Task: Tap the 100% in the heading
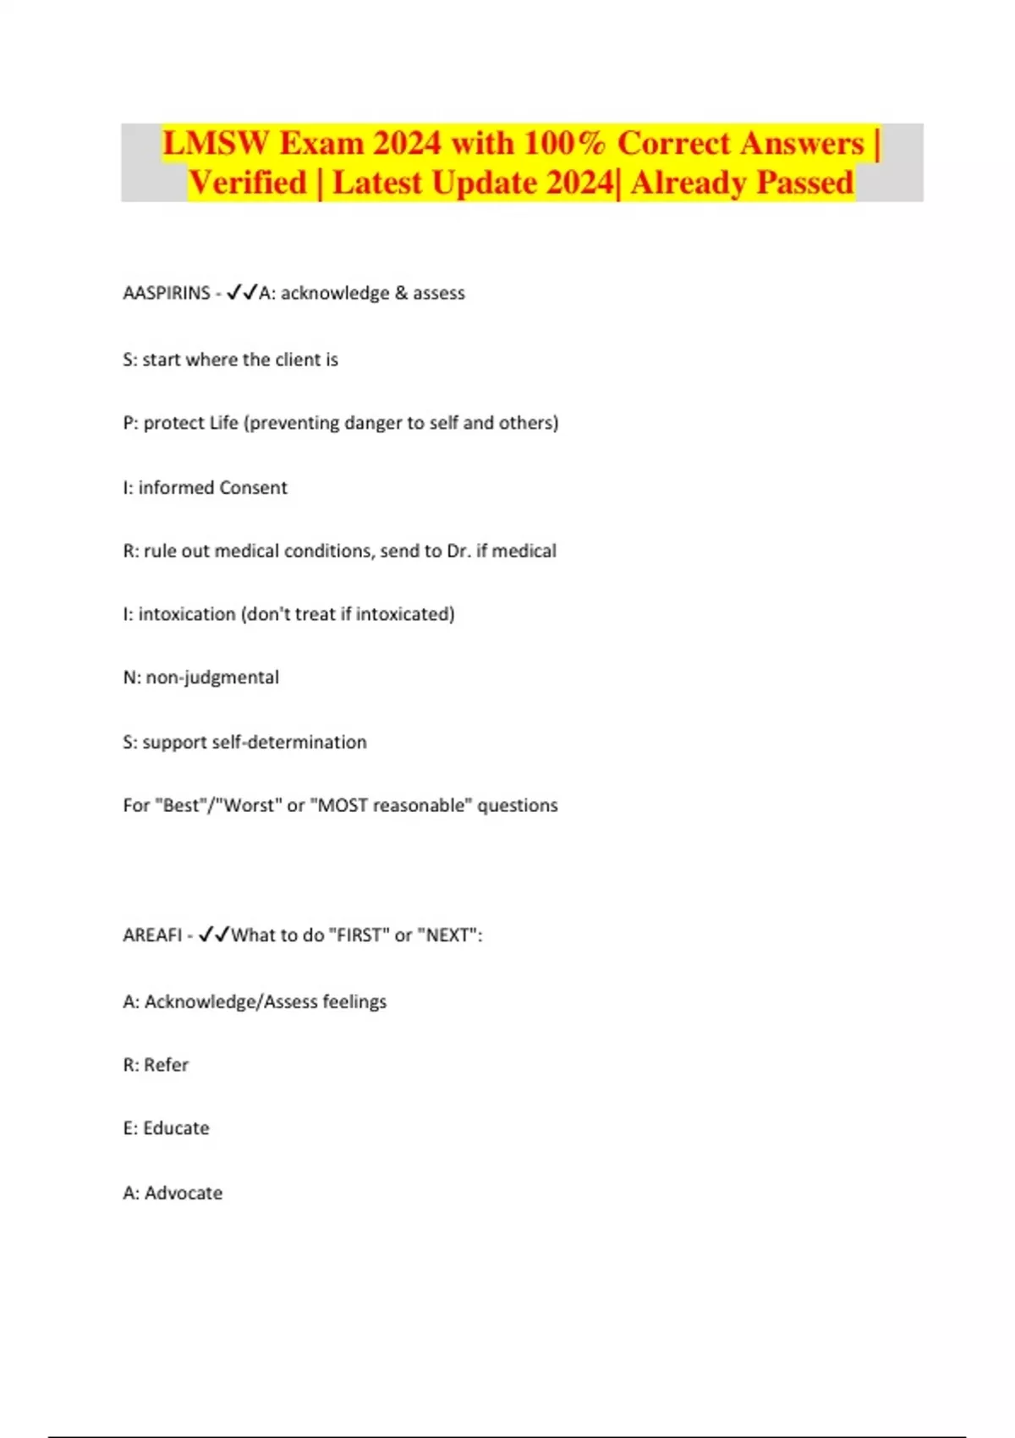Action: pyautogui.click(x=564, y=143)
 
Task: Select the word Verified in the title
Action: pyautogui.click(x=247, y=183)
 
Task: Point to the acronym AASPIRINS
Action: pyautogui.click(x=167, y=294)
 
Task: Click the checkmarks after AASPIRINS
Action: pyautogui.click(x=242, y=293)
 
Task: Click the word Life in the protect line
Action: pyautogui.click(x=224, y=423)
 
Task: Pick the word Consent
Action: pyautogui.click(x=253, y=488)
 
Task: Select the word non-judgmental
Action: pyautogui.click(x=212, y=678)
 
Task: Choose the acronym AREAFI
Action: pyautogui.click(x=152, y=936)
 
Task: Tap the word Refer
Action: pyautogui.click(x=166, y=1065)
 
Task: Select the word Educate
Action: pyautogui.click(x=176, y=1128)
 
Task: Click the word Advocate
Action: pyautogui.click(x=184, y=1194)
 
